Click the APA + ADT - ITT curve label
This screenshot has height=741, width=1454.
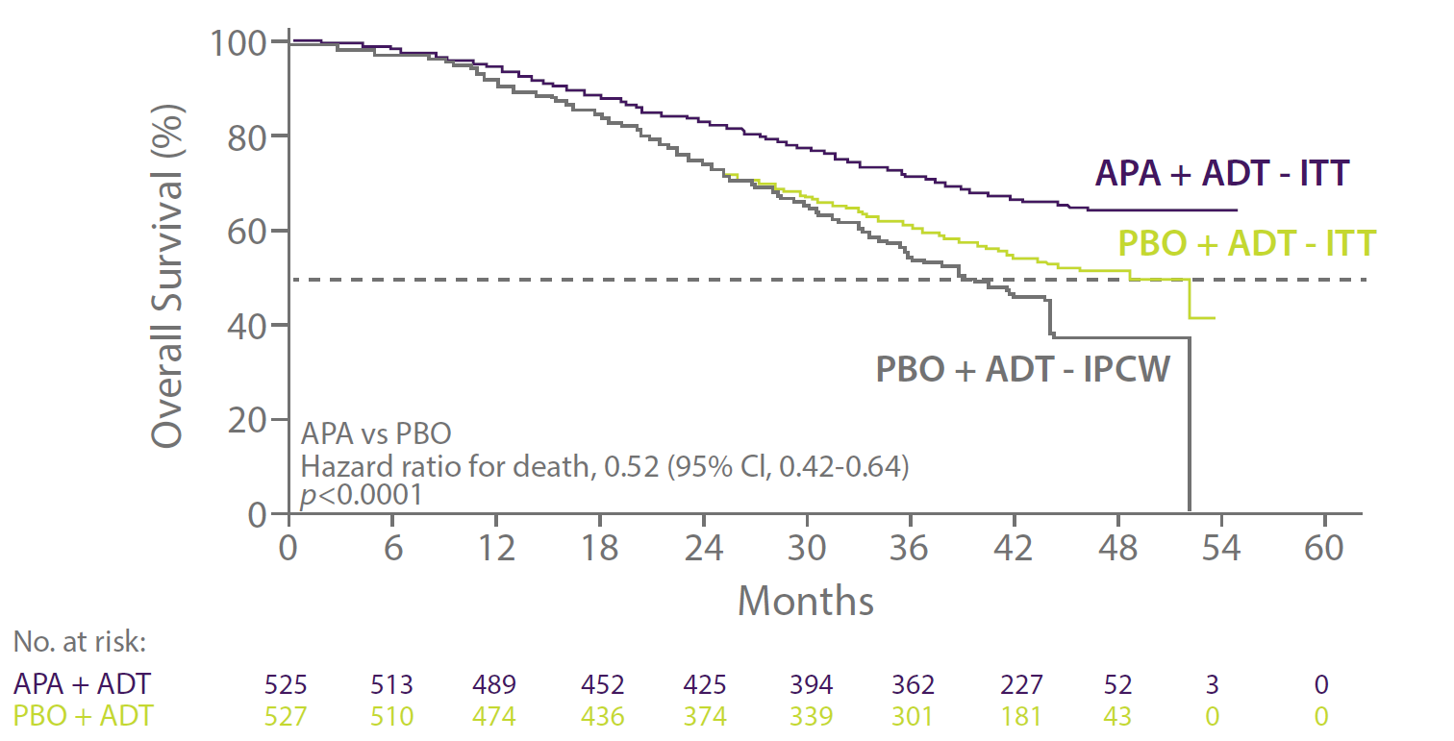click(1221, 175)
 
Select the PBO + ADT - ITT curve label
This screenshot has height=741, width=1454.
click(1247, 243)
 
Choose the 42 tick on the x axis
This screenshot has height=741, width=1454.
click(1015, 550)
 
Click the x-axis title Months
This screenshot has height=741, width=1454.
click(806, 602)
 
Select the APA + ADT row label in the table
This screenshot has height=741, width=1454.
click(82, 684)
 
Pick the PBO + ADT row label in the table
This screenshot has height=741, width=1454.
click(82, 715)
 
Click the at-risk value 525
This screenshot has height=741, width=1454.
click(288, 684)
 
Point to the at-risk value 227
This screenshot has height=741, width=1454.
click(1021, 684)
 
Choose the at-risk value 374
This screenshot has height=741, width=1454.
click(704, 715)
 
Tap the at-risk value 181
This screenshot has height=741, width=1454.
click(1021, 715)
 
